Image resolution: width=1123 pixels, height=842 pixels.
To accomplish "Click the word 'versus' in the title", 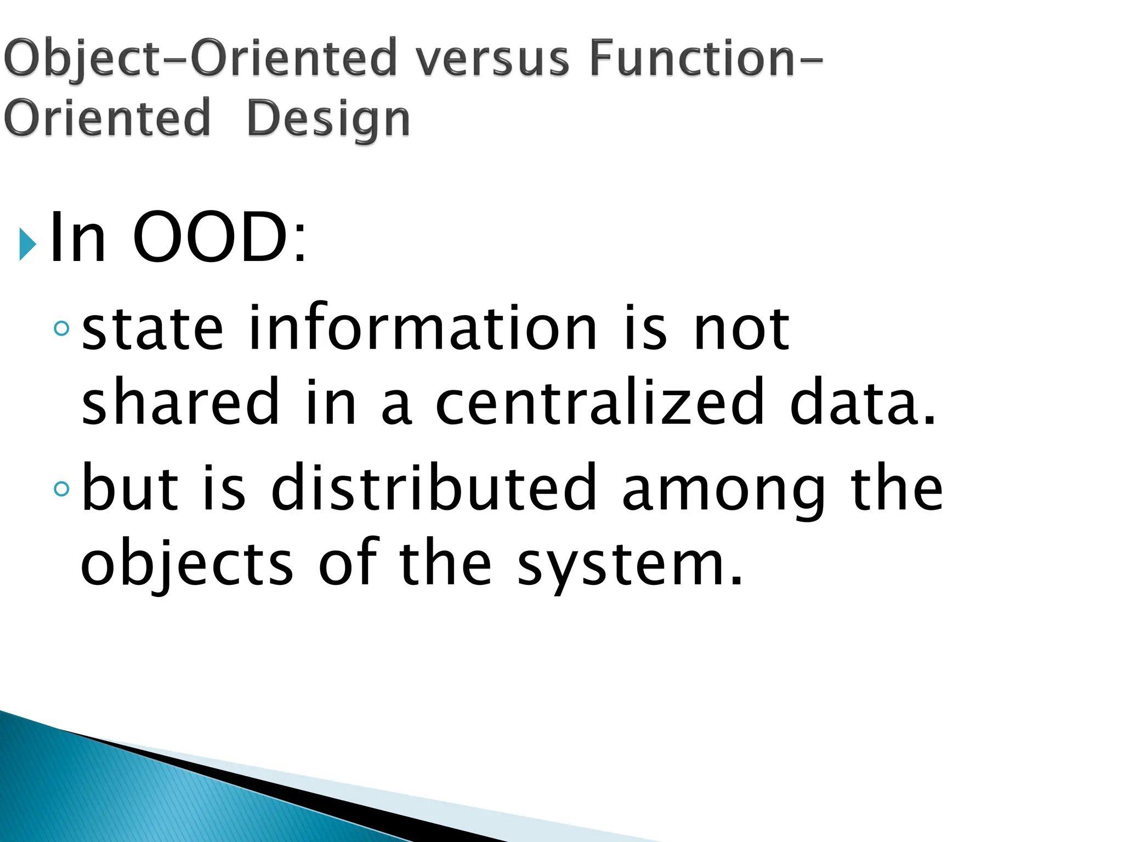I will [x=492, y=59].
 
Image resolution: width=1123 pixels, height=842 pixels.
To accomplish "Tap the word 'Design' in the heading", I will [x=328, y=119].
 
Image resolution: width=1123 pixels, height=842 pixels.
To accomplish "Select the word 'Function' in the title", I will [x=692, y=59].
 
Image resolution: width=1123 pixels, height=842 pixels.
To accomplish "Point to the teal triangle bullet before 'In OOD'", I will [x=27, y=244].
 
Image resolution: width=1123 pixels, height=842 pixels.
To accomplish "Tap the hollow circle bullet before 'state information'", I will [x=62, y=328].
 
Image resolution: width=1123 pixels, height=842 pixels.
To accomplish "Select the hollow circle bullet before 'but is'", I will [x=62, y=487].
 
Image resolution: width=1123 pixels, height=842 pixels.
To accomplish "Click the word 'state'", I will [x=152, y=329].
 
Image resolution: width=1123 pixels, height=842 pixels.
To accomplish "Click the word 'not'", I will [x=741, y=329].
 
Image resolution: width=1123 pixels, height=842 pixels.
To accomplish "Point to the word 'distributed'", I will [x=434, y=486].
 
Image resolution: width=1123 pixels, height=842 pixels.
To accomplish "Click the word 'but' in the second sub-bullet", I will [x=130, y=486].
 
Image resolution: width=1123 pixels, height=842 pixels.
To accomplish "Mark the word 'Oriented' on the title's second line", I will [x=107, y=118].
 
